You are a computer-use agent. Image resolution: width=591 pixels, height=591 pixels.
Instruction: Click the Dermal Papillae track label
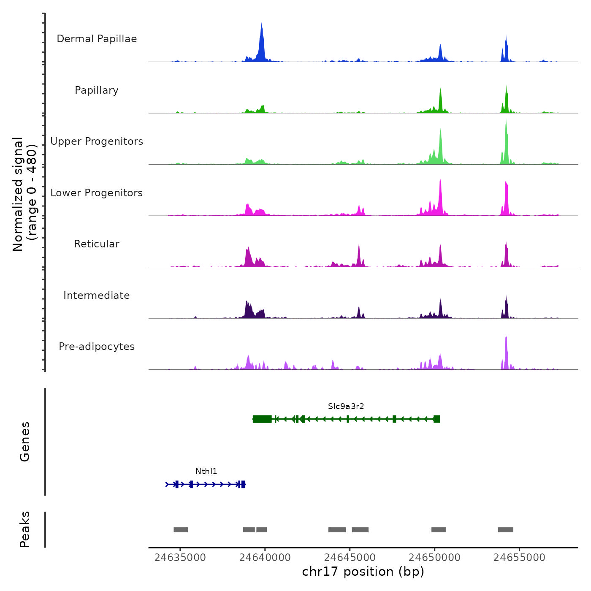tap(97, 39)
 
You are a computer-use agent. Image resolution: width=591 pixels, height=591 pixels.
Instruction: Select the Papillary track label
tap(97, 90)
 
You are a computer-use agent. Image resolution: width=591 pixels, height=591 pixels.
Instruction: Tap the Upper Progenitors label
tap(97, 141)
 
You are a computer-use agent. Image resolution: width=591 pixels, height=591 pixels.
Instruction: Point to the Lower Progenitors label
tap(97, 193)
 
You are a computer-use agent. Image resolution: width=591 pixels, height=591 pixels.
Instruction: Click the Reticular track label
tap(97, 244)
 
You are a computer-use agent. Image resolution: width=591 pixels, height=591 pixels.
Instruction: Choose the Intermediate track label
tap(97, 295)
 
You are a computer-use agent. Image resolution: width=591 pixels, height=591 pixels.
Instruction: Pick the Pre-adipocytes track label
tap(97, 347)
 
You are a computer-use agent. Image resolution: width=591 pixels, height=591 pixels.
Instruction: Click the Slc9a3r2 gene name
tap(346, 406)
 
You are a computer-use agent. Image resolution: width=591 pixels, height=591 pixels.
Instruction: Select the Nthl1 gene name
tap(206, 471)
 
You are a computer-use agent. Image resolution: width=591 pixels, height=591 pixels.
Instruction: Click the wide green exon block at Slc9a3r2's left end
tap(262, 419)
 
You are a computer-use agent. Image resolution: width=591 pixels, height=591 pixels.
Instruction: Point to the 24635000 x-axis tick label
tap(180, 557)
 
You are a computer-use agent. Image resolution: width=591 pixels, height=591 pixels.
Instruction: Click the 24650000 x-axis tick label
tap(434, 557)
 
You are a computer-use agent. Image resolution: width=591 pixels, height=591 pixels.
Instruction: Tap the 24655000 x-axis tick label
tap(519, 557)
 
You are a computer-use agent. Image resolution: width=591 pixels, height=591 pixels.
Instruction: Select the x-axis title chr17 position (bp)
tap(363, 572)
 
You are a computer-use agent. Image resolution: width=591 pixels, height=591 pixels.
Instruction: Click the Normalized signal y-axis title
tap(24, 194)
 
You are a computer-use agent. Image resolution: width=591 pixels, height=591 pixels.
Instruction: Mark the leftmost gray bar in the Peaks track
tap(181, 530)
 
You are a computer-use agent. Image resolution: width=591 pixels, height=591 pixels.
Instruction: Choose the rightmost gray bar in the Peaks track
tap(505, 530)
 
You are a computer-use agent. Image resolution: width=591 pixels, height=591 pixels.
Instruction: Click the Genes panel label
tap(25, 442)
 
